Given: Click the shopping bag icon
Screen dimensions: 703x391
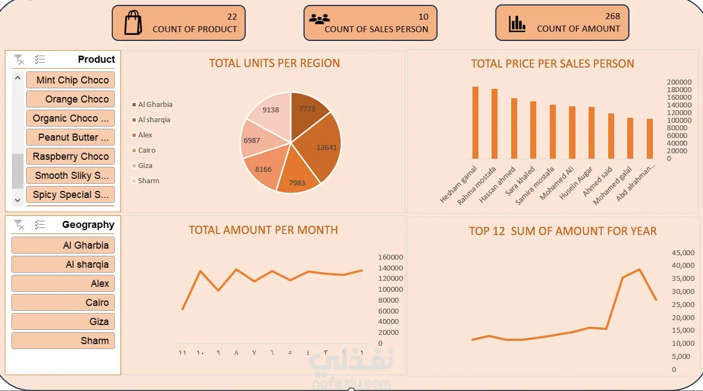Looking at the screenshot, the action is coord(133,22).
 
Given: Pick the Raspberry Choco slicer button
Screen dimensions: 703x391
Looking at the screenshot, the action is coord(71,157).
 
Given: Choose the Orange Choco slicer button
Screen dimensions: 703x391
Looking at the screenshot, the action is coord(71,99).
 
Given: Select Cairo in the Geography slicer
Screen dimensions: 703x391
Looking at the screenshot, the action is coord(63,303).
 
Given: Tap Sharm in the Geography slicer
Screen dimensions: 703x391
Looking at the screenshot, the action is coord(63,341).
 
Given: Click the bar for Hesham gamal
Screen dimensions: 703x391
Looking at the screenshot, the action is coord(475,123).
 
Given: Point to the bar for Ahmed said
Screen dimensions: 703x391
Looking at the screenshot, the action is coord(611,136).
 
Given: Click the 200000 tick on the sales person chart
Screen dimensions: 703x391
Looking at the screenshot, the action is coord(679,82).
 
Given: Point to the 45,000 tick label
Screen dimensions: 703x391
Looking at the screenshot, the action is coord(683,253).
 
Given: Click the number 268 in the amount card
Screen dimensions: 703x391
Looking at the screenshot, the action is coord(613,16).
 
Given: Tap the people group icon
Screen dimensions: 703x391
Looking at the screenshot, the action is coord(319,19).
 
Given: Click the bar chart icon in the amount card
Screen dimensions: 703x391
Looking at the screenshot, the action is coord(517,24).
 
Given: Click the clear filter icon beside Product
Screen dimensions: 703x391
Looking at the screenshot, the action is coord(19,59).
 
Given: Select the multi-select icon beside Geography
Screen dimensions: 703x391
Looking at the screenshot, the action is coord(40,225).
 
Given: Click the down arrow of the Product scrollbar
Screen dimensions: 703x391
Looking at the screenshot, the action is coord(17,200).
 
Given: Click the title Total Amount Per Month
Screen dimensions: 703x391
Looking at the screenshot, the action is coord(263,230).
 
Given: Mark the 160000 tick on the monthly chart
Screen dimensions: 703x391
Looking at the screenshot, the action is coord(390,257).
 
